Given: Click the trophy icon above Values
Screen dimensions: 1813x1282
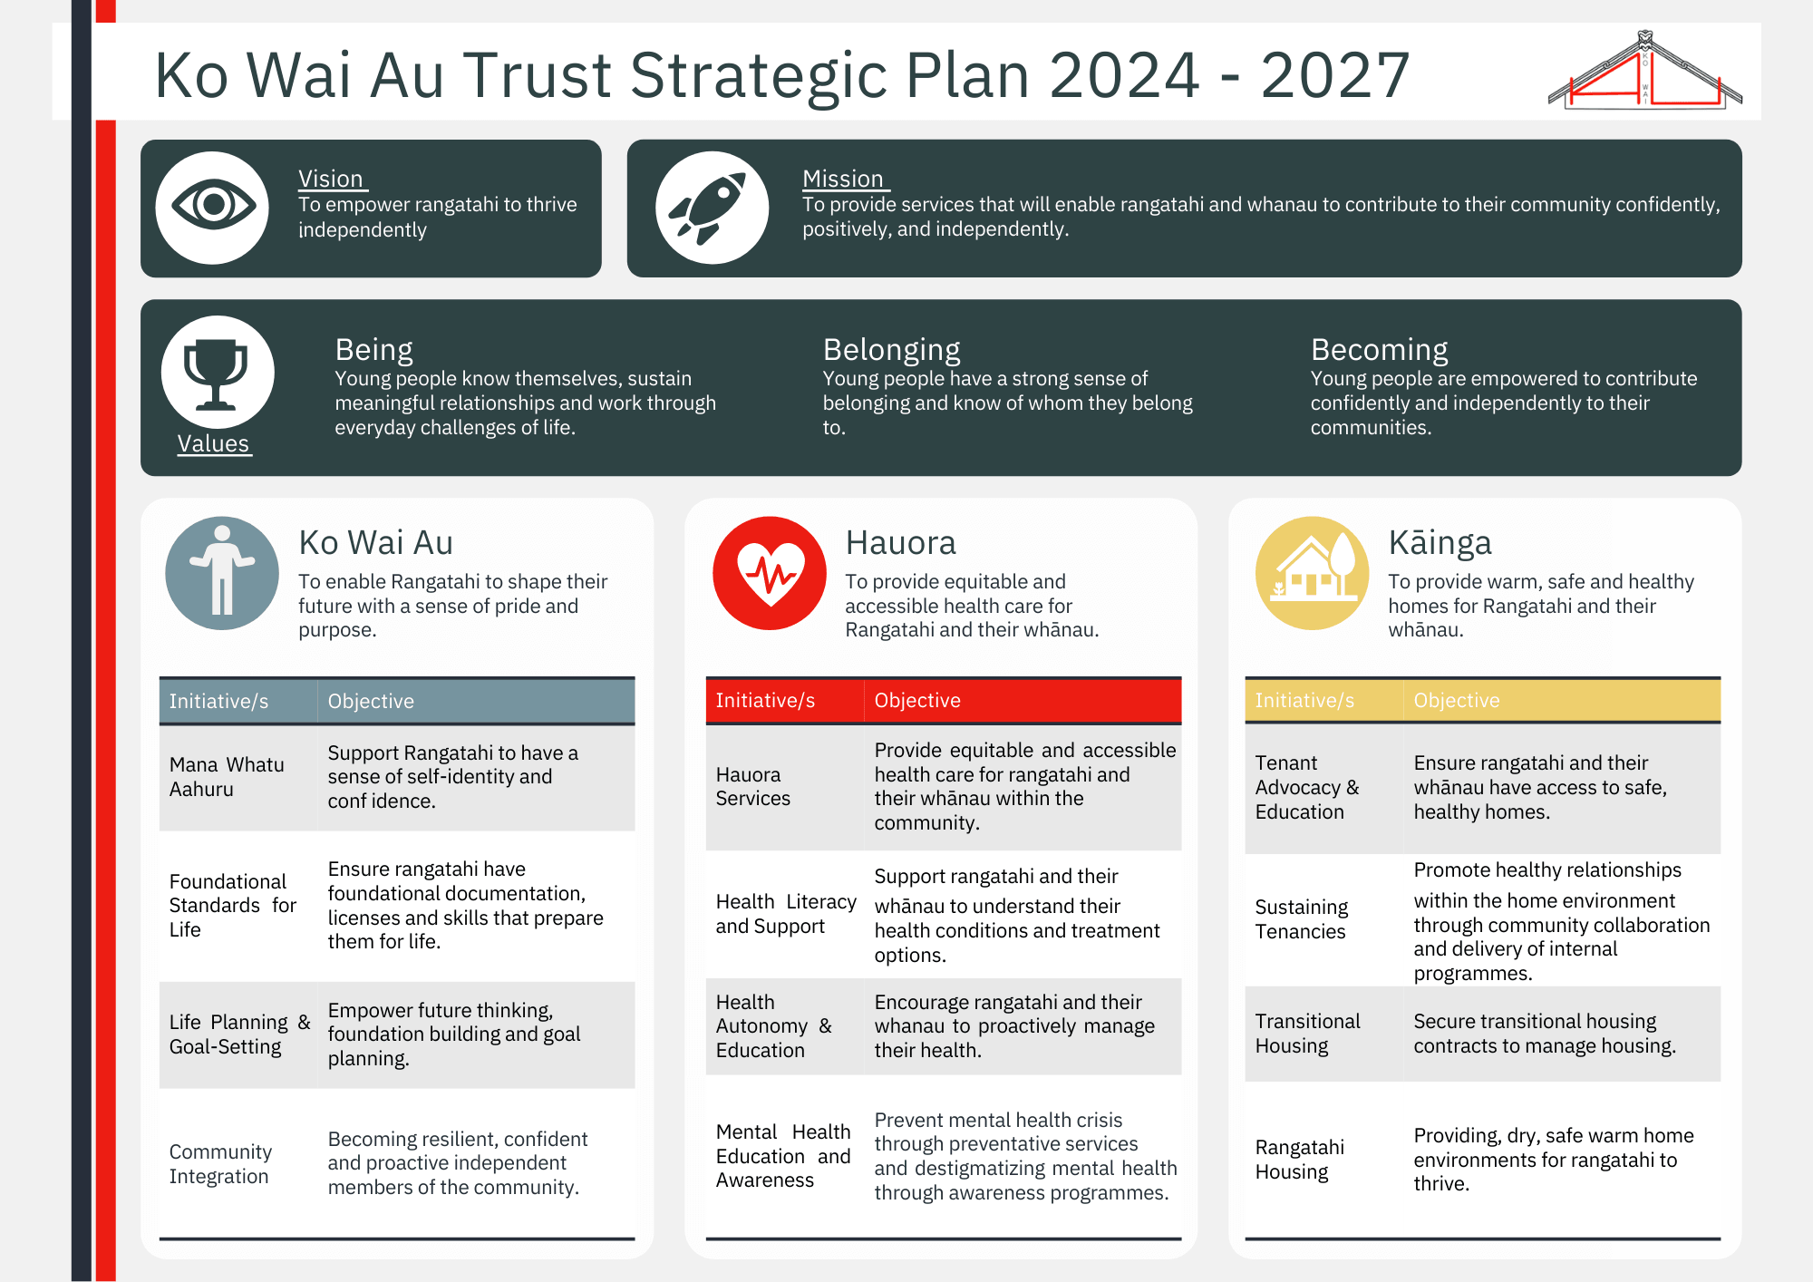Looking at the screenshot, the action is pos(218,372).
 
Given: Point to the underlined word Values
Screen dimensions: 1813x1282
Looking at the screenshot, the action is pos(213,443).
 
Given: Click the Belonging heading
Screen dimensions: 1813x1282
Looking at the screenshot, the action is pos(891,350).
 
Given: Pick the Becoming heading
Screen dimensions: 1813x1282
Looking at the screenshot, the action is pos(1379,350).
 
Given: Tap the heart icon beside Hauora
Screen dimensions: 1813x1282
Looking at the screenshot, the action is pos(770,573).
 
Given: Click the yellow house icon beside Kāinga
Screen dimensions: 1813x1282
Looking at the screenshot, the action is pos(1312,573).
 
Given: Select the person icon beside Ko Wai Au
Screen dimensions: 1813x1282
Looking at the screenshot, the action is pos(222,573).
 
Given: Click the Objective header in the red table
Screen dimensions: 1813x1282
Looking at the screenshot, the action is pos(917,700).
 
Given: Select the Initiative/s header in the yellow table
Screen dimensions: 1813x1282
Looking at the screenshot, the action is pos(1304,700).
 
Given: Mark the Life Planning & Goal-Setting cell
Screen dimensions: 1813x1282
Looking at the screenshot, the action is pos(239,1034).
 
